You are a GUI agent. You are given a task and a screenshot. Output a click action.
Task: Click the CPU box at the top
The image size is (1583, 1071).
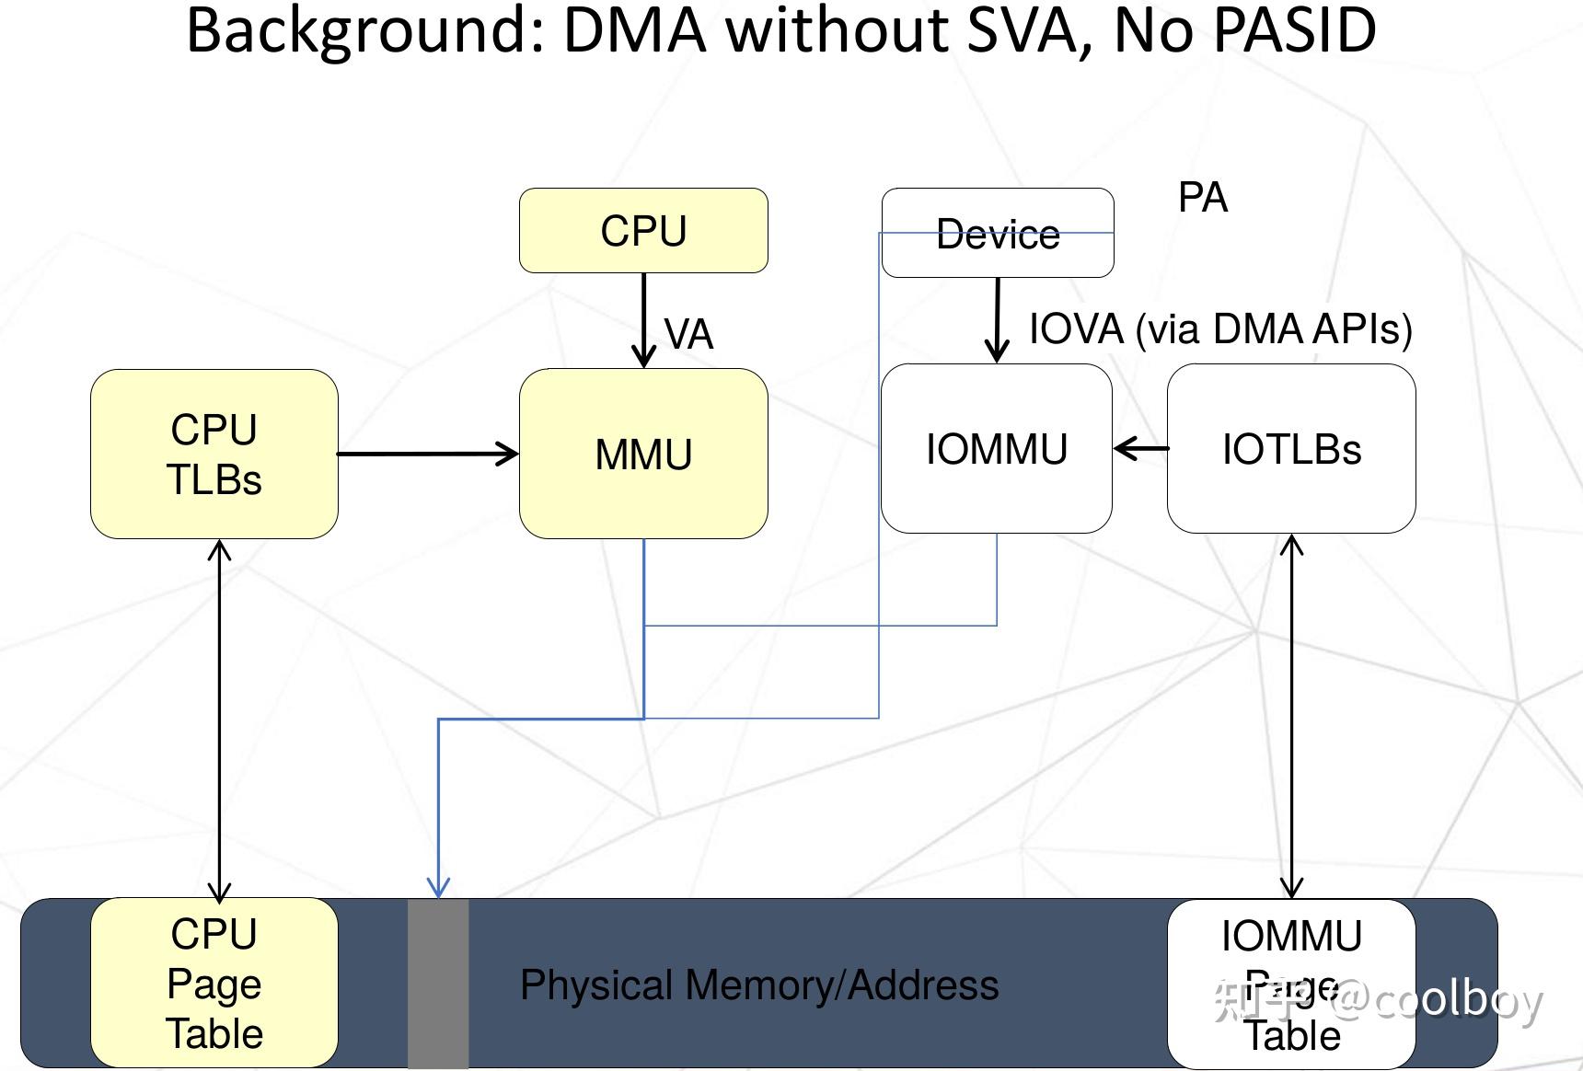coord(643,230)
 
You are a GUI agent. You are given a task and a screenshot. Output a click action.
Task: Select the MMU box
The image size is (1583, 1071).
coord(643,454)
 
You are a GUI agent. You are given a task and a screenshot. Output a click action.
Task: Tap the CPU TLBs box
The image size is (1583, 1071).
coord(214,454)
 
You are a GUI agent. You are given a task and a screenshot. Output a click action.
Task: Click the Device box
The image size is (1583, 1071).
coord(998,233)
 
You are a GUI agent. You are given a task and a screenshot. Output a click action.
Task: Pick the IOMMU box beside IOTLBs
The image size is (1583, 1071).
coord(997,449)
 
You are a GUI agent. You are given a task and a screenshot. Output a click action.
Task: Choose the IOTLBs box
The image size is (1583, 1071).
coord(1291,449)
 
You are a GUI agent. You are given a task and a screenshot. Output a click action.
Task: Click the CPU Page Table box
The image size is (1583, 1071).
coord(214,983)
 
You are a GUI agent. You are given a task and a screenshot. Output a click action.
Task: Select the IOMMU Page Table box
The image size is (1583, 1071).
coord(1291,983)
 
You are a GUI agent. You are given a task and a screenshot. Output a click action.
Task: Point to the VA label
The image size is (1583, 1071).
coord(688,334)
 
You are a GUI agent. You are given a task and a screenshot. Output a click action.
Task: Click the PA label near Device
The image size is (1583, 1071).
coord(1203,198)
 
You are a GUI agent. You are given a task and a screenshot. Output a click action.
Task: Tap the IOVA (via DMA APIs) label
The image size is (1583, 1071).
coord(1220,329)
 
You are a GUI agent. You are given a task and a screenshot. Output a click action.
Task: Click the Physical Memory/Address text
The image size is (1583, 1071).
coord(759,985)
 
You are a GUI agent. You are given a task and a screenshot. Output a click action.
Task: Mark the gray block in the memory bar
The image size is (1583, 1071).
coord(438,983)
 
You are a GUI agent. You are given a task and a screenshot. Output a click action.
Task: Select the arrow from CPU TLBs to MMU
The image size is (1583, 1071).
coord(428,454)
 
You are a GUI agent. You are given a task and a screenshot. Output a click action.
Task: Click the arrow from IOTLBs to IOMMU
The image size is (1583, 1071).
coord(1140,449)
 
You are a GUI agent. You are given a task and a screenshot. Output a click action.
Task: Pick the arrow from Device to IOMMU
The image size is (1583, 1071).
coord(998,320)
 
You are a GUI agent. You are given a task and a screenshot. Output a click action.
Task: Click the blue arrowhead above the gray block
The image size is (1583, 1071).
coord(438,886)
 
